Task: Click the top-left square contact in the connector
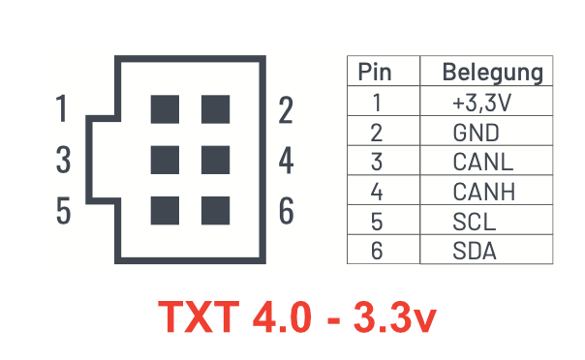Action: (165, 109)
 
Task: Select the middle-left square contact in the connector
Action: (165, 158)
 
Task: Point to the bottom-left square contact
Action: (165, 208)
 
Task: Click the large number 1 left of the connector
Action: (63, 109)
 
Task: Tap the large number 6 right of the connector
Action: (286, 210)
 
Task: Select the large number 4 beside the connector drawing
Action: (286, 160)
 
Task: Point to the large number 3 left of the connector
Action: (63, 160)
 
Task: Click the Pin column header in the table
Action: (376, 73)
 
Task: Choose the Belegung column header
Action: (491, 73)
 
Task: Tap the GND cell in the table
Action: (476, 133)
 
